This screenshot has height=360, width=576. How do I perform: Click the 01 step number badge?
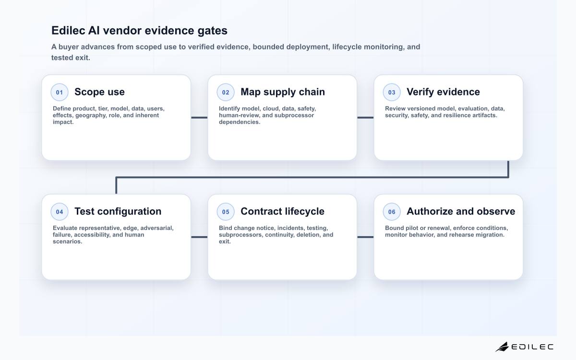[60, 92]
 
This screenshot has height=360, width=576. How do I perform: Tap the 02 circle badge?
[226, 92]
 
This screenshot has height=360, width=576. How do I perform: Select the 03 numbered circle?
[392, 92]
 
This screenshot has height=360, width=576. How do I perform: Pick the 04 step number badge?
[60, 212]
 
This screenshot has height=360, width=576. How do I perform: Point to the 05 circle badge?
[226, 212]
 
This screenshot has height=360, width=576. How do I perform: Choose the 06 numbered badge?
[392, 212]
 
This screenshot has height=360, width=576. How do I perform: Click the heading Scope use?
[99, 92]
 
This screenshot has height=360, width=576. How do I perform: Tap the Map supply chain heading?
[283, 92]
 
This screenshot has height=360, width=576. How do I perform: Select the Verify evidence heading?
[443, 92]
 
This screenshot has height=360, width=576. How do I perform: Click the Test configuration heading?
[118, 211]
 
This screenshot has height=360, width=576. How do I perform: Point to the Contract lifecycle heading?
[282, 211]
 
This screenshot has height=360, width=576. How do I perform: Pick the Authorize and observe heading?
[461, 211]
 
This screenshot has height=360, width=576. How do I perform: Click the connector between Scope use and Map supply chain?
[199, 118]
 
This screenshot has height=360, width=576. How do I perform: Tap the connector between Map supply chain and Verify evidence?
[365, 118]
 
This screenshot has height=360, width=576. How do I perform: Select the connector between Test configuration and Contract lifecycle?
[199, 237]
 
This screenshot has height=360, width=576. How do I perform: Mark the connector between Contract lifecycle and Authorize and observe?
[365, 237]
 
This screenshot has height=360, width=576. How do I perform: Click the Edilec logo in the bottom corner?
[524, 347]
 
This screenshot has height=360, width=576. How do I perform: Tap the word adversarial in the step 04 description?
[157, 228]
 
